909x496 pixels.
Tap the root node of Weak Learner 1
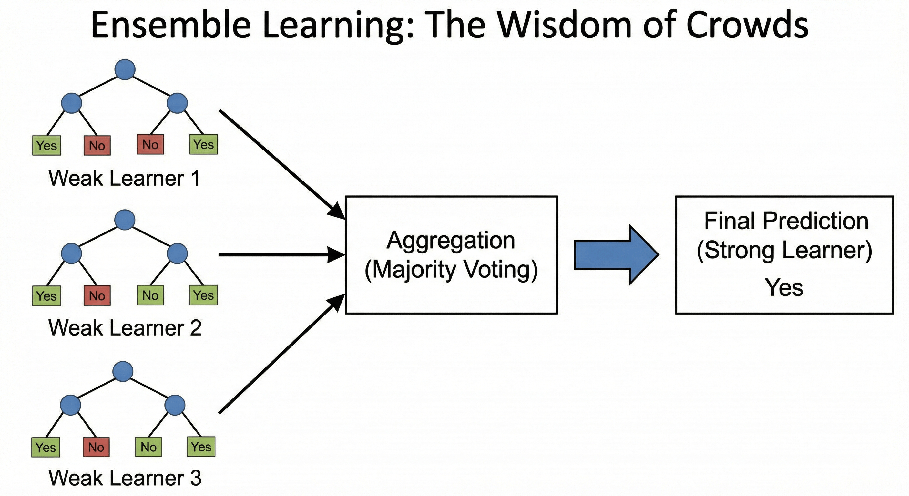125,69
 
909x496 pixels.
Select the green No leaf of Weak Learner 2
150,295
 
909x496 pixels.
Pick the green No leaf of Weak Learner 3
148,447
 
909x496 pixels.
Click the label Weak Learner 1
125,178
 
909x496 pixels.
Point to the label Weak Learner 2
125,328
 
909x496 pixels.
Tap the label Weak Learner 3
125,478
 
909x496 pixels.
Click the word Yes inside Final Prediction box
784,287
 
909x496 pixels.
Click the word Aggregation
451,241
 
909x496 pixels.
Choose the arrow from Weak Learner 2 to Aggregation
279,254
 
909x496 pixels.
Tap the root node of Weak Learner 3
123,371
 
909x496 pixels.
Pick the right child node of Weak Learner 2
177,253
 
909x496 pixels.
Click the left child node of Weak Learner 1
72,103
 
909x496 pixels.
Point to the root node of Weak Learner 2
125,220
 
